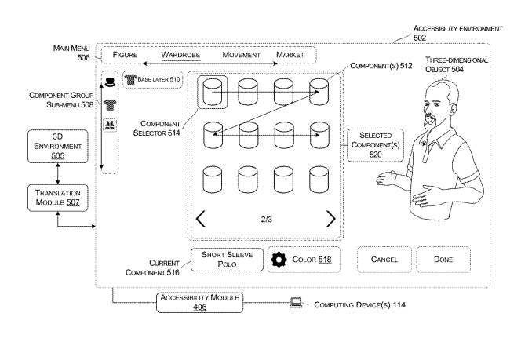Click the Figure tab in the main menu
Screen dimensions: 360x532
[x=126, y=55]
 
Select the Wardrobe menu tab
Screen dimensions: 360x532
[x=181, y=55]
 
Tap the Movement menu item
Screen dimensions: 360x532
[x=241, y=55]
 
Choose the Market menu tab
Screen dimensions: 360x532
[x=290, y=55]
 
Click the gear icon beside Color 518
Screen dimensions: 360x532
[x=279, y=260]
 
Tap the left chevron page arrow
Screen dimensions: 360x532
[x=201, y=218]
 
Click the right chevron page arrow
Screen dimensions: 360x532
[x=330, y=218]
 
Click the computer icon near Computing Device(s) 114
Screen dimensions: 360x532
[x=297, y=302]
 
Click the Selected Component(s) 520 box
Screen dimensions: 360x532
[x=375, y=145]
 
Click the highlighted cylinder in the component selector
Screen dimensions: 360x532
[x=213, y=93]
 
